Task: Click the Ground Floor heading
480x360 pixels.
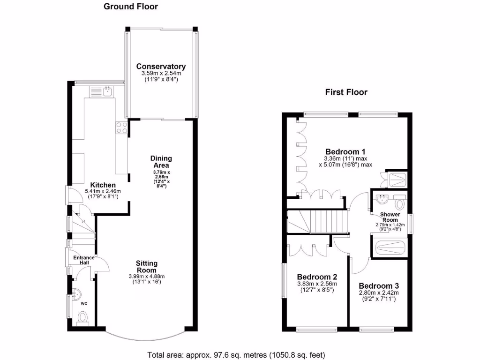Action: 131,7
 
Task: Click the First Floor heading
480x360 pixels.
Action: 346,92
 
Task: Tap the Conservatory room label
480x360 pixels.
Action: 161,67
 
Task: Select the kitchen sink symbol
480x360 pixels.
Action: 107,91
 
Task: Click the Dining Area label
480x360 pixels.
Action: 161,162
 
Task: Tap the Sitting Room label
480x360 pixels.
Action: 147,267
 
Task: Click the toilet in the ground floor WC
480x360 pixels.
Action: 84,319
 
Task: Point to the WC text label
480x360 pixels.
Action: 84,304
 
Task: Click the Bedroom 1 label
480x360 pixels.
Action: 345,151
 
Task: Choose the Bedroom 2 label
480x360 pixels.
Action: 317,277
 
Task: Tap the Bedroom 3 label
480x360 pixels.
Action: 379,285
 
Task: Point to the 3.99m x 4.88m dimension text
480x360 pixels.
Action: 147,277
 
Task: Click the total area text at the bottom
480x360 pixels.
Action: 236,354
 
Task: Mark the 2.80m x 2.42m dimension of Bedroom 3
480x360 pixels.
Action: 379,294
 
